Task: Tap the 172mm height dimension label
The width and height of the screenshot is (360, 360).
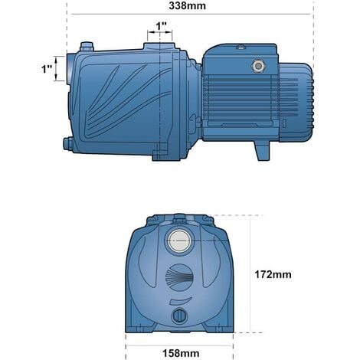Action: [274, 273]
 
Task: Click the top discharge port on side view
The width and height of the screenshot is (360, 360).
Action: [160, 47]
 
